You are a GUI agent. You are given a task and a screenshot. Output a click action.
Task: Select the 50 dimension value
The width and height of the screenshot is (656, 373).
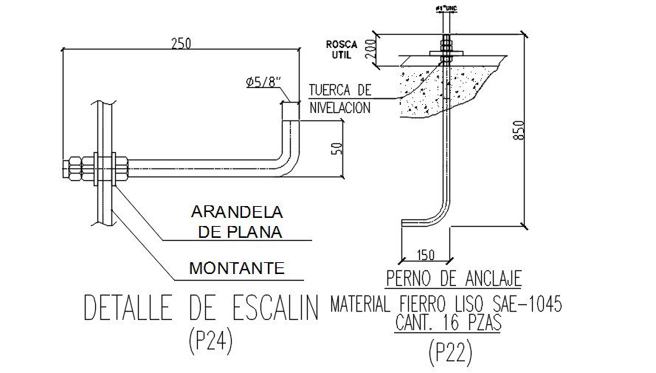337,146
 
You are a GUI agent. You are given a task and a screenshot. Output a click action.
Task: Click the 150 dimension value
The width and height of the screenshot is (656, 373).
426,255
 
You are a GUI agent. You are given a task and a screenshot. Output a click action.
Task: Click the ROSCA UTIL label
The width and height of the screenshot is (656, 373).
342,49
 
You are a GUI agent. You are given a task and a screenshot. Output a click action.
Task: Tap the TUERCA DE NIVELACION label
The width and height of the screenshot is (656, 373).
339,98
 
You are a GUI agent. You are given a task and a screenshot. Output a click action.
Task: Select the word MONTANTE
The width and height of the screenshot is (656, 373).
237,267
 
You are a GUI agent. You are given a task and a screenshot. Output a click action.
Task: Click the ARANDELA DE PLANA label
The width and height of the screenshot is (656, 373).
238,222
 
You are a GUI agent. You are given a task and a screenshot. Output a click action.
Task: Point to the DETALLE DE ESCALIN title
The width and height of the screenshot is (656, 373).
201,309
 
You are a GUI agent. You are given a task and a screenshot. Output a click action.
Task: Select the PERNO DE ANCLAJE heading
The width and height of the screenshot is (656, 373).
455,278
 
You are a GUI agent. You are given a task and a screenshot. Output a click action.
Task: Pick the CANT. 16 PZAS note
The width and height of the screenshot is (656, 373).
448,323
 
